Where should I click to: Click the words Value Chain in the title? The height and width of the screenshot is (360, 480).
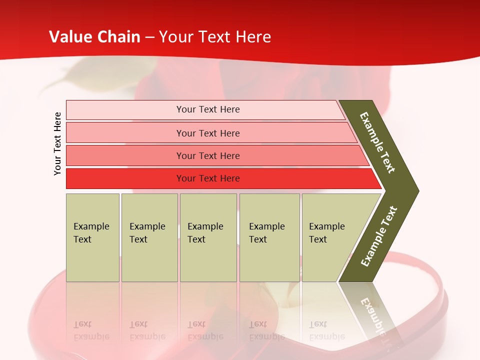click(x=94, y=37)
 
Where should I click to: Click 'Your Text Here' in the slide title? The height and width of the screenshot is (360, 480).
click(x=215, y=37)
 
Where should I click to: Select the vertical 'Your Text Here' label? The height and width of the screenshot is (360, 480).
click(x=57, y=143)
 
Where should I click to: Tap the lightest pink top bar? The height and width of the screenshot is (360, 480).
click(x=207, y=109)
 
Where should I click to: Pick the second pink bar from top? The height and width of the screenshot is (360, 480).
click(x=207, y=133)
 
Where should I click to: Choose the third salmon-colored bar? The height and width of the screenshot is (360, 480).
click(x=207, y=155)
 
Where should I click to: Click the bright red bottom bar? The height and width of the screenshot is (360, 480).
click(x=207, y=178)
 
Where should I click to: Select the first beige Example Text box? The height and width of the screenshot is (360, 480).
click(x=92, y=237)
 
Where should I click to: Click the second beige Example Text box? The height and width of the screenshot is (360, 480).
click(x=149, y=237)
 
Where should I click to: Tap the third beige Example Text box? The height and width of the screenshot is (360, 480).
click(x=207, y=237)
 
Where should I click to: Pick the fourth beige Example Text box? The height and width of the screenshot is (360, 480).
click(x=269, y=237)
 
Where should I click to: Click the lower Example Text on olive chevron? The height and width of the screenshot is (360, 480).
click(x=379, y=236)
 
